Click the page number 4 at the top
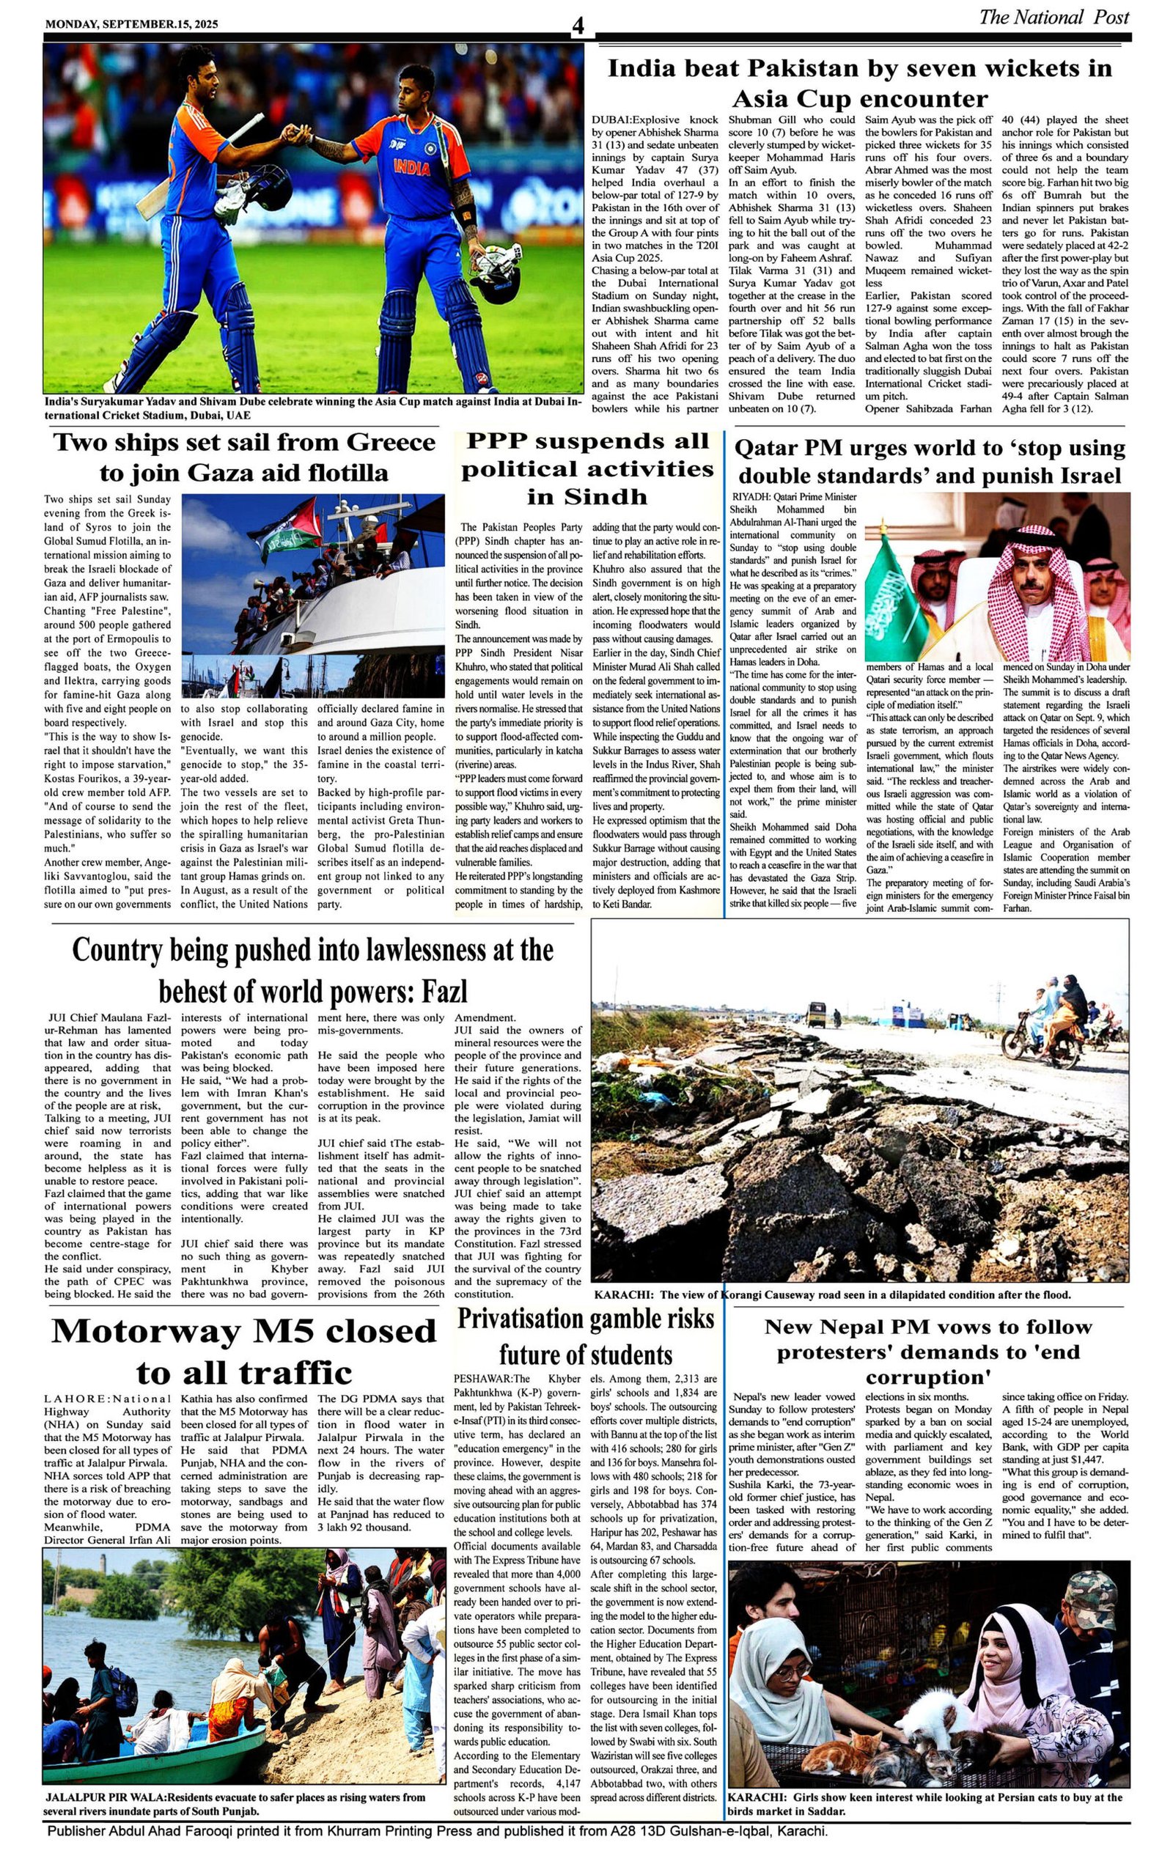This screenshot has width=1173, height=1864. click(578, 27)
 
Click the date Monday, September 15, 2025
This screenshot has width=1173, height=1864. click(132, 24)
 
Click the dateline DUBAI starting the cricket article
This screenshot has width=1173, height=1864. click(611, 120)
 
